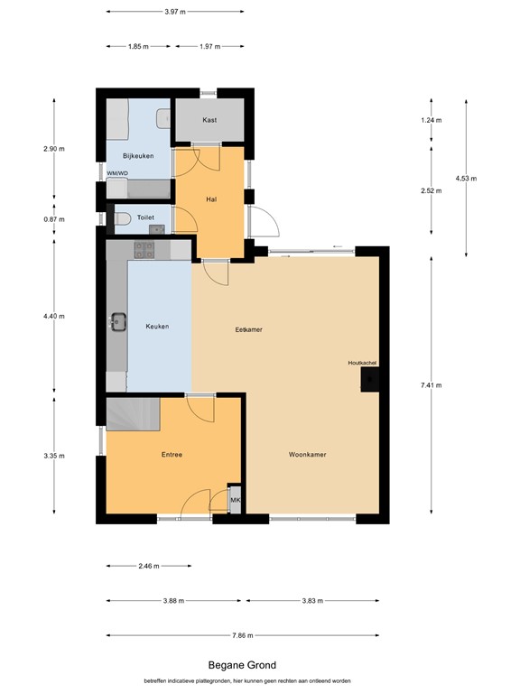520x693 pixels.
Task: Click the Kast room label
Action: [209, 120]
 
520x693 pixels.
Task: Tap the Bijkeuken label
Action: [138, 156]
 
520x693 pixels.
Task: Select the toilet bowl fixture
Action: [123, 218]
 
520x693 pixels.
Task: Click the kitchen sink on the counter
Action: [118, 321]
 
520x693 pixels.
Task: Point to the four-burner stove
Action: [144, 250]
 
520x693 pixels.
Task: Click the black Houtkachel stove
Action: [370, 379]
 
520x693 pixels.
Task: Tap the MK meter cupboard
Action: [236, 500]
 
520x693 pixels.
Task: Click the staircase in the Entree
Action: [133, 413]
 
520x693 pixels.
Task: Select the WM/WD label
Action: [117, 173]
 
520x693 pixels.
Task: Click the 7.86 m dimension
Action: [243, 635]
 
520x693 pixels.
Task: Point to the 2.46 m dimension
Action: [149, 566]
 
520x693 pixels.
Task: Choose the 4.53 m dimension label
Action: [466, 179]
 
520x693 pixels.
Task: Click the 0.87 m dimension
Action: [54, 219]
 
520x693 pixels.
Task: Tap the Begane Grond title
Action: [242, 665]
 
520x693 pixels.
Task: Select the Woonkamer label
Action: [307, 455]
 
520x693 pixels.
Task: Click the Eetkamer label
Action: [248, 329]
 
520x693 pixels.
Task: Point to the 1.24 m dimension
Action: [432, 120]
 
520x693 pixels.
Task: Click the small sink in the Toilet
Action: [156, 229]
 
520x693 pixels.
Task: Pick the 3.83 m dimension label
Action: [312, 601]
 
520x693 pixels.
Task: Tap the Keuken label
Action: [157, 326]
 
